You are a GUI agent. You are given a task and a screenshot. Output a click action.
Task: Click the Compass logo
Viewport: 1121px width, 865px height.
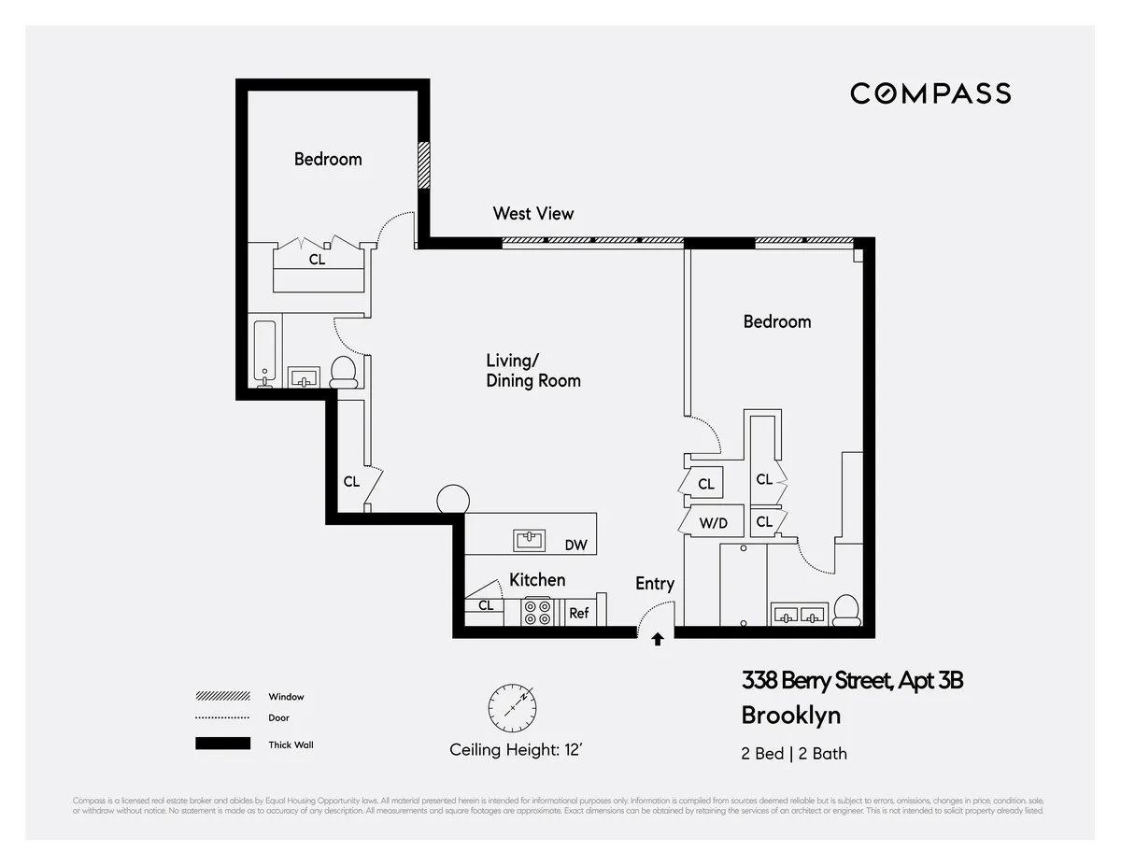point(929,93)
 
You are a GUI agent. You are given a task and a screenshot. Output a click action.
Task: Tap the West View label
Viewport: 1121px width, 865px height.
point(533,214)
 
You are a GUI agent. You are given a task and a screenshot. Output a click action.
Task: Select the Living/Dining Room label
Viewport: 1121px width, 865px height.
point(533,371)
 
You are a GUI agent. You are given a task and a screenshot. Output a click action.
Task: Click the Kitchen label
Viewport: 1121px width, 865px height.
point(537,580)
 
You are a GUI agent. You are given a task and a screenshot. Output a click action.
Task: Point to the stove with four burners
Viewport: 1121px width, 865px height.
point(537,612)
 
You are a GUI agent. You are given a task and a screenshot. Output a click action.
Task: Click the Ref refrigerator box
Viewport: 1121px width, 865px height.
point(579,613)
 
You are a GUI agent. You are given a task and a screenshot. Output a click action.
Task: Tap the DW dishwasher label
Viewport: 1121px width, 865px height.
point(575,545)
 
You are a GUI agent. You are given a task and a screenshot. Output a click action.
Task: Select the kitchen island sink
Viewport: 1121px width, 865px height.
point(530,540)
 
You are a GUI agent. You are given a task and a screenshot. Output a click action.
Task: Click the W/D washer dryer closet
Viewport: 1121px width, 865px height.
point(714,523)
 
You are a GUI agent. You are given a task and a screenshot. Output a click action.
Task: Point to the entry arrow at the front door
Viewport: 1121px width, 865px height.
point(658,640)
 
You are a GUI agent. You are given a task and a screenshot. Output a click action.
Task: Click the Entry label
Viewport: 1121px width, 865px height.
point(655,584)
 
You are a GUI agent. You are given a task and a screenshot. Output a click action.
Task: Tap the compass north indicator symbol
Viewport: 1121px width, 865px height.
point(511,708)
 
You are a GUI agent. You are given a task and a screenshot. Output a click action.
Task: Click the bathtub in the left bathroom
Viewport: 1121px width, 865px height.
point(265,353)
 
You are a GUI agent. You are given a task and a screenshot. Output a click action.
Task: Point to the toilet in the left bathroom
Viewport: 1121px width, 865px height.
point(344,372)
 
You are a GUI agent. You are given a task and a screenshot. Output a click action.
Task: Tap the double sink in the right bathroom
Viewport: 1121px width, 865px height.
point(799,615)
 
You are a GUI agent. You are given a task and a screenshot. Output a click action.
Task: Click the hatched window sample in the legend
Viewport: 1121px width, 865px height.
point(222,696)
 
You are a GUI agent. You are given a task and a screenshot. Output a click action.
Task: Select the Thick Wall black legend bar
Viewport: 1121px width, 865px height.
point(222,744)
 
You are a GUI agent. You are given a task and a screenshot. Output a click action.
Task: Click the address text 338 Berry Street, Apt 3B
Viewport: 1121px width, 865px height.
point(851,680)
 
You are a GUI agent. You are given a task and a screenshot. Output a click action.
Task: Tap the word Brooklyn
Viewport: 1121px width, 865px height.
point(790,716)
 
